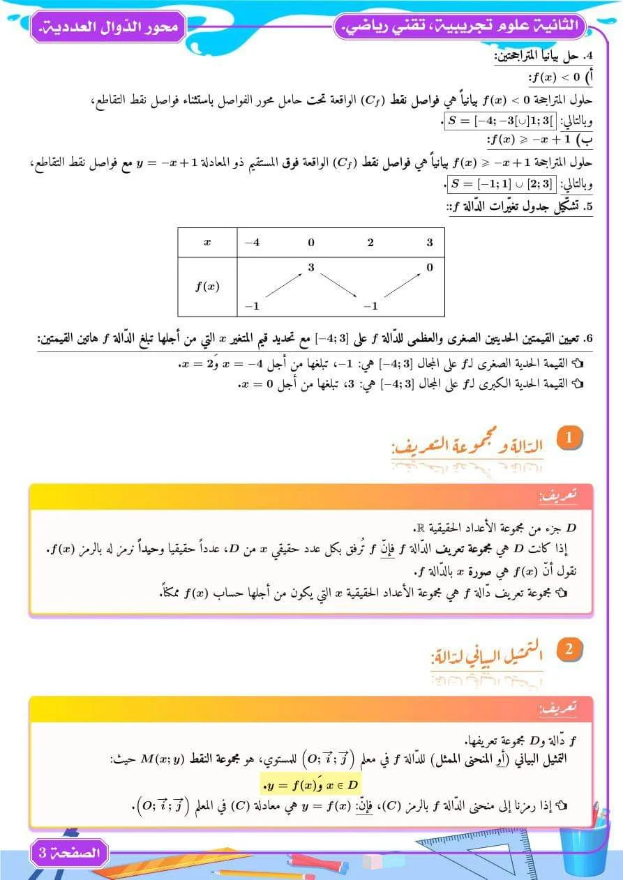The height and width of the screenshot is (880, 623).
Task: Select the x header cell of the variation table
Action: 207,243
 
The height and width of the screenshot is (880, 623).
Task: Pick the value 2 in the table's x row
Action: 370,243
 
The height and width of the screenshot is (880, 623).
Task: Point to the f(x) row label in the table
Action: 207,286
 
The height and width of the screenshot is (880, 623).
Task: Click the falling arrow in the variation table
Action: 341,287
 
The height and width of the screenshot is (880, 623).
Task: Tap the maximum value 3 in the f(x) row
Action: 311,267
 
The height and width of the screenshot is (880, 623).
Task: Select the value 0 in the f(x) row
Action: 430,267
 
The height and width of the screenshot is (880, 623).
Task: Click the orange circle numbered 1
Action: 569,438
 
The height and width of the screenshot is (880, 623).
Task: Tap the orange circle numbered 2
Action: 569,650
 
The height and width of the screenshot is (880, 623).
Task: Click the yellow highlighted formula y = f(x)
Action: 310,784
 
